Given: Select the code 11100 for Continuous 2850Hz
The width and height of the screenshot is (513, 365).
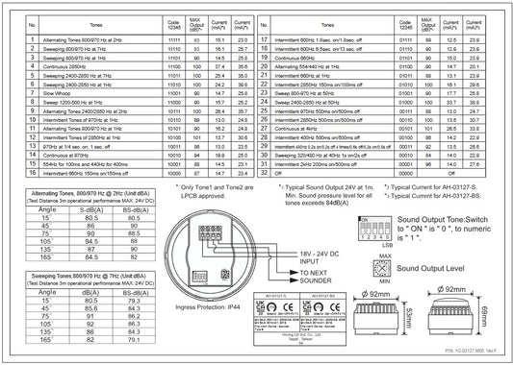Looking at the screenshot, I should point(174,65).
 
